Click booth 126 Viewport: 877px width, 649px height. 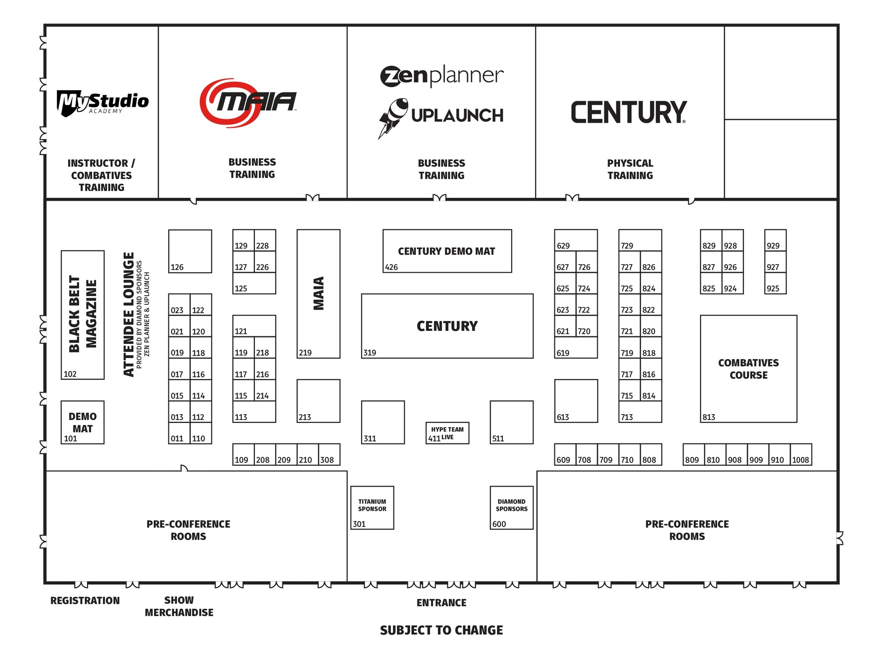pos(190,251)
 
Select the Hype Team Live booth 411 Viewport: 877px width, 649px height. pos(447,433)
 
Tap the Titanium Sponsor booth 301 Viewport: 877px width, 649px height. pos(372,507)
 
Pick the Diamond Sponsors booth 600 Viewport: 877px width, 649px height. pos(511,507)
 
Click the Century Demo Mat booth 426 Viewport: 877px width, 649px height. pos(447,251)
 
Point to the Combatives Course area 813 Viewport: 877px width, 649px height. pos(748,369)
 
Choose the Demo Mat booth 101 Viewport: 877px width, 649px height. pos(83,422)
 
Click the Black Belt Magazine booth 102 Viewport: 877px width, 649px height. pos(83,315)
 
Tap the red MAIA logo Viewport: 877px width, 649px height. pos(248,102)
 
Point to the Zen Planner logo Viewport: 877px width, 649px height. pos(441,76)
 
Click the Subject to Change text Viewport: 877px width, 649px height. pos(441,630)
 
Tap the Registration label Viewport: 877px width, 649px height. pos(85,600)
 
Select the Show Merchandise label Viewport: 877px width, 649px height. pos(179,606)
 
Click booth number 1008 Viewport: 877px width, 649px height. pos(801,454)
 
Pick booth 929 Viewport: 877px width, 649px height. pos(775,240)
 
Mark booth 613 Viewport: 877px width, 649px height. pos(576,401)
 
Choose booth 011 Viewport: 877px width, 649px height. pos(179,433)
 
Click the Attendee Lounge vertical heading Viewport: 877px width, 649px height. pos(129,314)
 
